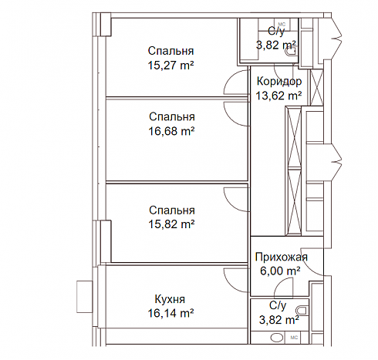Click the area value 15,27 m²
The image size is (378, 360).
170,66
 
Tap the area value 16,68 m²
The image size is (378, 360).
171,131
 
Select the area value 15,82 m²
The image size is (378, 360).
171,224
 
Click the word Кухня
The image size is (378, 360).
170,299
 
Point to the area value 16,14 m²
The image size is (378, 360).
170,313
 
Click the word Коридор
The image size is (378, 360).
279,82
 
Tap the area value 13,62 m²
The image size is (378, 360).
278,96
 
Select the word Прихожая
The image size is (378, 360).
282,257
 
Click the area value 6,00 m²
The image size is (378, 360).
280,271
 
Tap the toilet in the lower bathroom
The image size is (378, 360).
302,310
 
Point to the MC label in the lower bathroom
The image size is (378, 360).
294,338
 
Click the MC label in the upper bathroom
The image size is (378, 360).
282,25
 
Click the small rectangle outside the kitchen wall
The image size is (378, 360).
84,297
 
